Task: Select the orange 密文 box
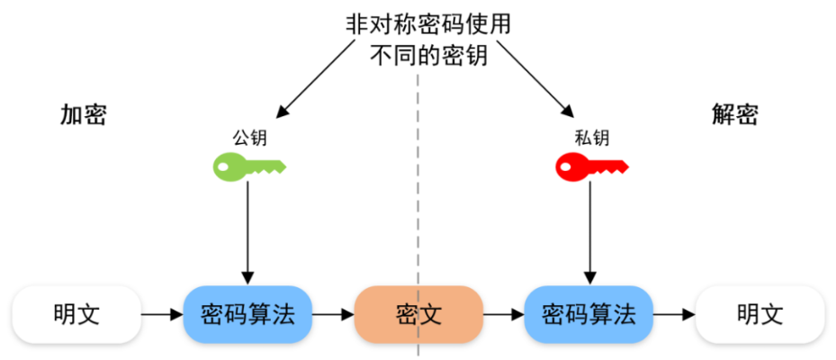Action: (x=418, y=314)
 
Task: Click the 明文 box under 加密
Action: (x=76, y=314)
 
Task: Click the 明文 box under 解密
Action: (x=760, y=314)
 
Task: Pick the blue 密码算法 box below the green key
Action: (x=247, y=314)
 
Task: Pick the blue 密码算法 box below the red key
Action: (x=589, y=314)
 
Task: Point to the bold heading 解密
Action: (x=735, y=114)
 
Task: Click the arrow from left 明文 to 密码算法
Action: (x=162, y=314)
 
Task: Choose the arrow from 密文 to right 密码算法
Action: (x=503, y=314)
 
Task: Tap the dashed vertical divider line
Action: (x=418, y=180)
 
